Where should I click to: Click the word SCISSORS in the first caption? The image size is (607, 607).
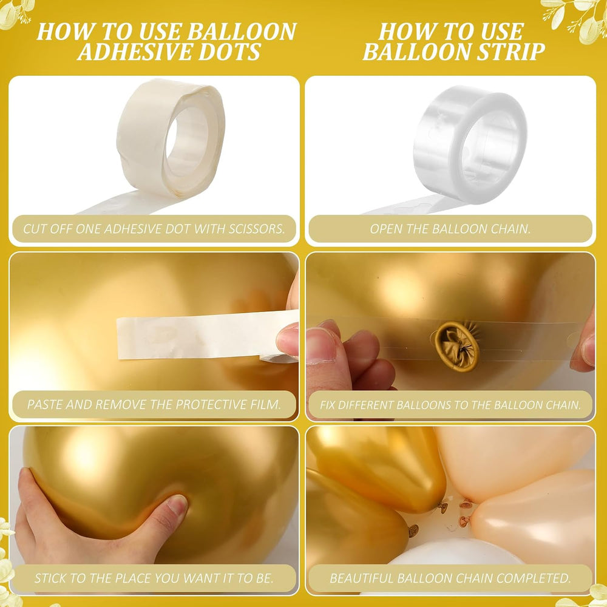pyautogui.click(x=256, y=229)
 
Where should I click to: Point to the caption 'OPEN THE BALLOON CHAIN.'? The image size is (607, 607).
pyautogui.click(x=450, y=229)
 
